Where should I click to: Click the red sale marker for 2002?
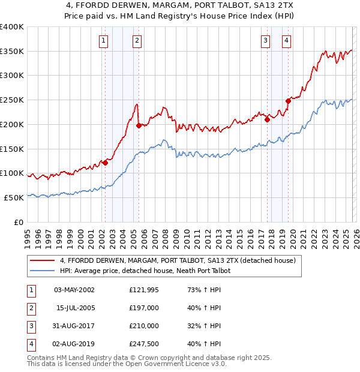105,162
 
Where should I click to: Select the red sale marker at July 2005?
139,125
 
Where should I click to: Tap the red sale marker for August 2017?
267,119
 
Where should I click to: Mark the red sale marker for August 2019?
287,101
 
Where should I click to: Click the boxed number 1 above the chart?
104,41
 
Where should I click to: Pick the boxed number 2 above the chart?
137,41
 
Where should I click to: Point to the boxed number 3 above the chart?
265,41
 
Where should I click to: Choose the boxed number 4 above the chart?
287,41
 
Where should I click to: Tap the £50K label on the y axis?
14,197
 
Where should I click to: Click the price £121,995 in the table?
145,290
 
